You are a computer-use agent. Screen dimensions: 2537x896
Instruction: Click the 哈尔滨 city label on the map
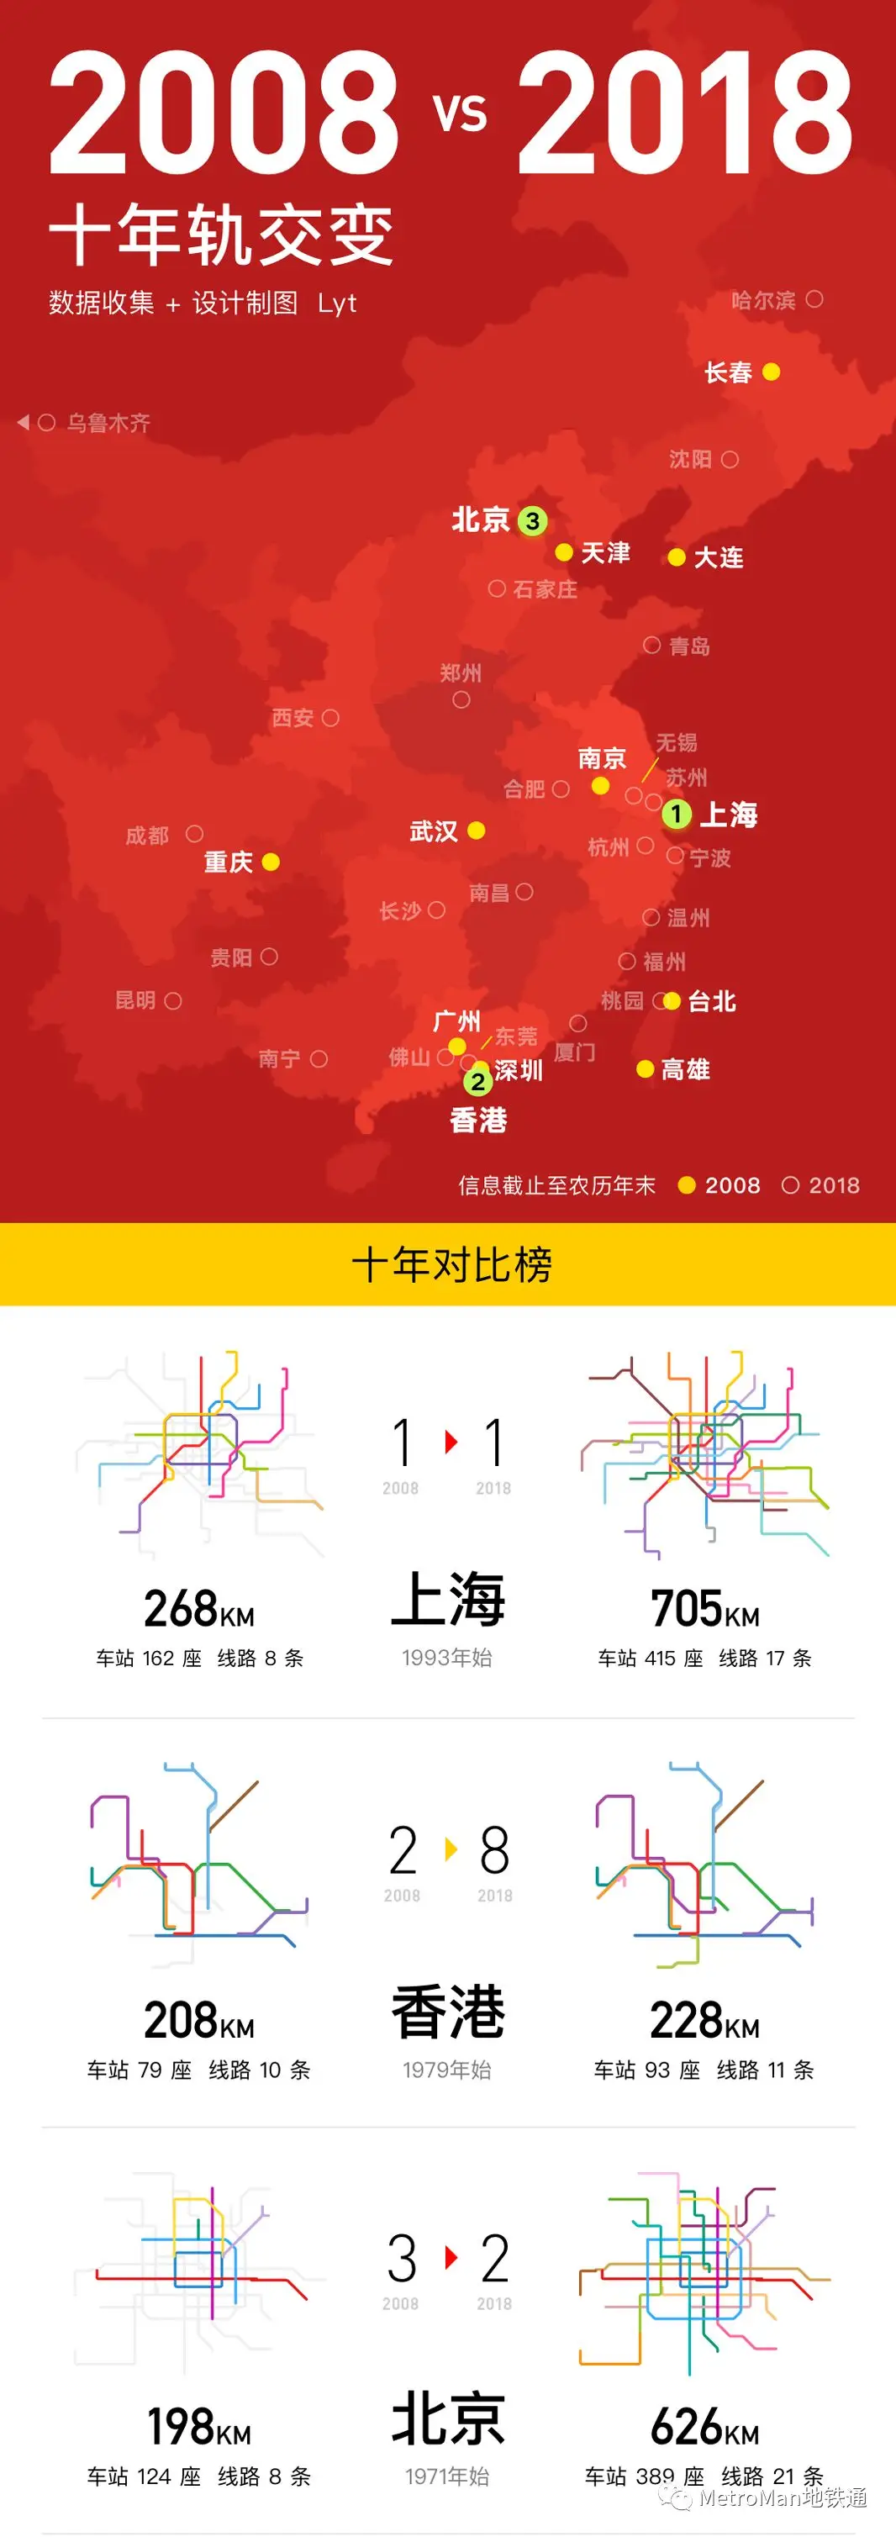point(763,300)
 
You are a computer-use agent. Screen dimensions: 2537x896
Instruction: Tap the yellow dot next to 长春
point(772,372)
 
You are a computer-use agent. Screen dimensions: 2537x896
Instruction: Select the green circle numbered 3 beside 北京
point(533,521)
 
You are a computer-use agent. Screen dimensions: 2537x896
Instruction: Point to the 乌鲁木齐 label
point(108,424)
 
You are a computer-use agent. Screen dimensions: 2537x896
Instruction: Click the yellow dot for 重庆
point(271,862)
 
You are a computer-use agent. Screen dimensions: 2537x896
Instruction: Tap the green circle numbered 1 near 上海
point(677,815)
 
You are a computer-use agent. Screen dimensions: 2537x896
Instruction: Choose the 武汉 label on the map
point(433,832)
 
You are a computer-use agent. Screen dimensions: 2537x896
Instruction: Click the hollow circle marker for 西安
point(331,718)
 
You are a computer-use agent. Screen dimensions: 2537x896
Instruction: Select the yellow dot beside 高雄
point(646,1069)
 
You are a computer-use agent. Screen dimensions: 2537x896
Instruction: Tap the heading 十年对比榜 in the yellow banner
point(451,1264)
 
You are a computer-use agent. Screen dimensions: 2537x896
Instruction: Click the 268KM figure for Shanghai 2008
point(199,1609)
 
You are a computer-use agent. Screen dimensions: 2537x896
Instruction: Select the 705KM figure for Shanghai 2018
point(705,1609)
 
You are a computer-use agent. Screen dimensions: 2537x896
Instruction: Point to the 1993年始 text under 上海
point(447,1658)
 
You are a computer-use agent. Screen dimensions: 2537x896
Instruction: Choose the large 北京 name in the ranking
point(448,2418)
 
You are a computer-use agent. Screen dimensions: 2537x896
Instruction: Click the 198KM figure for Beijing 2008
point(199,2427)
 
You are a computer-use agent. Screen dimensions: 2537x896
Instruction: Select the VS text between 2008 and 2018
point(460,113)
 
